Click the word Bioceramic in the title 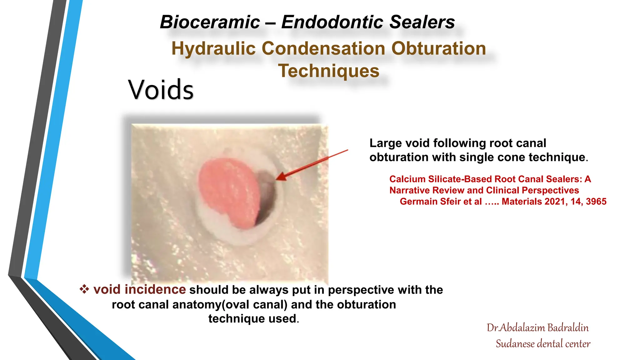pos(210,22)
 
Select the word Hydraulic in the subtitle pos(213,49)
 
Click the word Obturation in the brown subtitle pos(438,49)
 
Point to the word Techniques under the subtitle pos(329,71)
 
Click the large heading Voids pos(161,90)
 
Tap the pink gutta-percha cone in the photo pos(230,191)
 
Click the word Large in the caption pos(385,143)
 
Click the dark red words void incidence pos(139,289)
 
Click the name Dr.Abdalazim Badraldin pos(537,328)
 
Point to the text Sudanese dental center pos(543,344)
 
